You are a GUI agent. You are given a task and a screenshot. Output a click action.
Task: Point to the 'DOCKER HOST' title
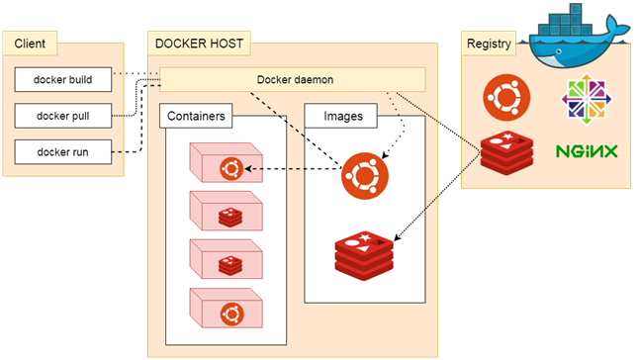coord(197,44)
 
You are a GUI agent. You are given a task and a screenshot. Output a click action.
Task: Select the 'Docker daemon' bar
coord(292,79)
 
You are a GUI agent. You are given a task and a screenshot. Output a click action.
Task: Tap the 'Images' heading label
coord(343,116)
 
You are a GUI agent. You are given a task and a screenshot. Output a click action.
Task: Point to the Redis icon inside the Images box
coord(364,253)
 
